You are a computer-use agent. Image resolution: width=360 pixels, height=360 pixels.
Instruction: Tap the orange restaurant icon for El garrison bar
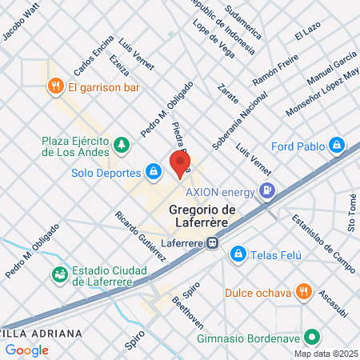pyautogui.click(x=56, y=85)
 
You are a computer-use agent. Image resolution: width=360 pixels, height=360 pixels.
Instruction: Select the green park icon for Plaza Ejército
pyautogui.click(x=121, y=145)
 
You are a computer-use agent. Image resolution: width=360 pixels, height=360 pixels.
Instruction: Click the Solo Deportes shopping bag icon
pyautogui.click(x=152, y=171)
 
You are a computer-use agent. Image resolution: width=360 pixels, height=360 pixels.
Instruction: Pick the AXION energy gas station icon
pyautogui.click(x=268, y=191)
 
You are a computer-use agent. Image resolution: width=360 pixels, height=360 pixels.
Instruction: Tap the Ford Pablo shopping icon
pyautogui.click(x=338, y=145)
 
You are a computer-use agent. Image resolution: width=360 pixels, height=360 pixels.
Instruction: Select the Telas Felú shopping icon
pyautogui.click(x=238, y=254)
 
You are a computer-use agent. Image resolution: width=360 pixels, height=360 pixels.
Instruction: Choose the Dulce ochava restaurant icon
pyautogui.click(x=302, y=291)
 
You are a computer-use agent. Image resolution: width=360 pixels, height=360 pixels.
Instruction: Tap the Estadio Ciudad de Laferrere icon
pyautogui.click(x=58, y=274)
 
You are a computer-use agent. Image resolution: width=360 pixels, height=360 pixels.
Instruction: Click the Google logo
pyautogui.click(x=26, y=350)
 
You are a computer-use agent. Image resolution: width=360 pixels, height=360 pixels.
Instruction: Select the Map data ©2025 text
pyautogui.click(x=326, y=354)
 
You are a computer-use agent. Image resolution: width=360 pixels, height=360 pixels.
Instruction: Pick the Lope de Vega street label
pyautogui.click(x=213, y=37)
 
